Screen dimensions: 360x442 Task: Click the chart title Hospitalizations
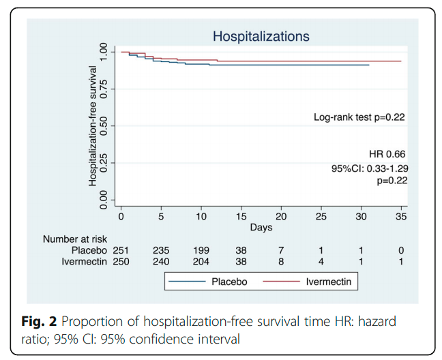click(x=261, y=36)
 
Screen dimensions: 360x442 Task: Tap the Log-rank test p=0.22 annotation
click(x=359, y=117)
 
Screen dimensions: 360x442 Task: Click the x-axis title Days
click(x=261, y=226)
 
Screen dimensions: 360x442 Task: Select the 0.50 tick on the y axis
click(x=104, y=126)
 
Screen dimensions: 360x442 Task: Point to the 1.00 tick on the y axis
click(x=104, y=52)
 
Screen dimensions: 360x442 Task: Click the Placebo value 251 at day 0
click(x=121, y=250)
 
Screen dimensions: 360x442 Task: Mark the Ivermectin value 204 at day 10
click(x=201, y=261)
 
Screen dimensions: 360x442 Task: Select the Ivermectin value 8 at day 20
click(x=281, y=261)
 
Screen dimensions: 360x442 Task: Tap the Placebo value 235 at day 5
click(x=161, y=250)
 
